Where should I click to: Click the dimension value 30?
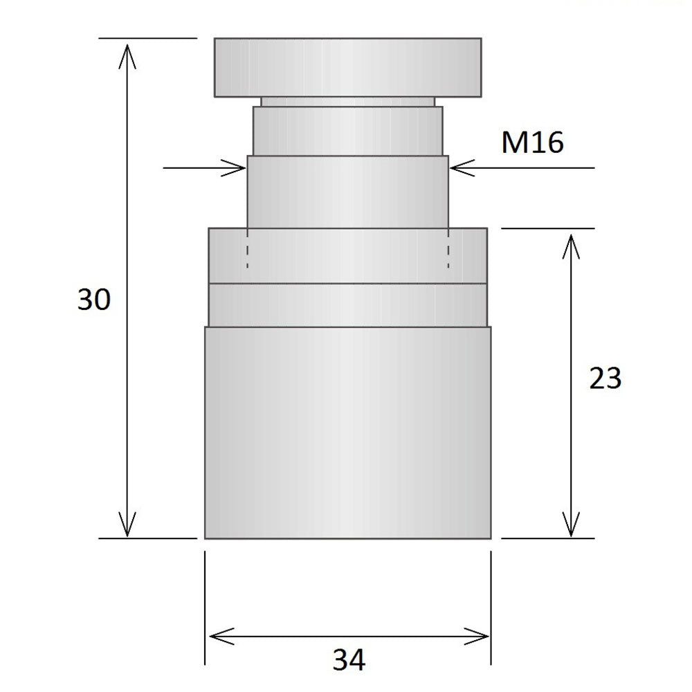pos(93,300)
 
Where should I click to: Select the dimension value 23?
pos(605,379)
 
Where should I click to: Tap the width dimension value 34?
pos(349,659)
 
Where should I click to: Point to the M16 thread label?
pos(532,143)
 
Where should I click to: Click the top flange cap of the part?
pos(347,67)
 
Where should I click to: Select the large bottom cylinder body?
pos(347,432)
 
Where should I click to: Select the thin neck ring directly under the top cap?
pos(347,102)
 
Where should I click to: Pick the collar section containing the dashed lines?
pos(347,255)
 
